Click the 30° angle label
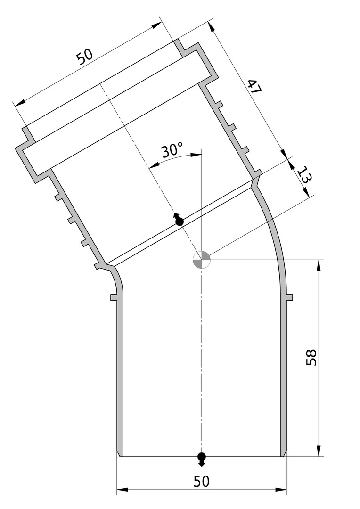tap(172, 151)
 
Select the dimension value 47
tap(254, 86)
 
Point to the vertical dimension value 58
tap(311, 357)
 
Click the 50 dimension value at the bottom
tap(202, 481)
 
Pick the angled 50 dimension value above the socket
tap(85, 57)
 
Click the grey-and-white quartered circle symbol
tap(202, 260)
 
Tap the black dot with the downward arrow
tap(202, 459)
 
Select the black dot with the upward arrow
tap(179, 220)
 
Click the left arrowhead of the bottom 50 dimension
tap(122, 489)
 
